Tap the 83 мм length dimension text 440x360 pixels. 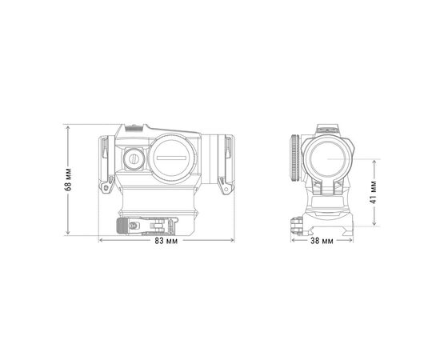coord(166,241)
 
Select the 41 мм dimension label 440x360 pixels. coord(374,193)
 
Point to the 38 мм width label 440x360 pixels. coord(321,241)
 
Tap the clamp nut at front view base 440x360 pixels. coord(296,225)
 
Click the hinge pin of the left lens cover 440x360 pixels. coord(104,188)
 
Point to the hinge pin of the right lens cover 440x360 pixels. coord(222,188)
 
